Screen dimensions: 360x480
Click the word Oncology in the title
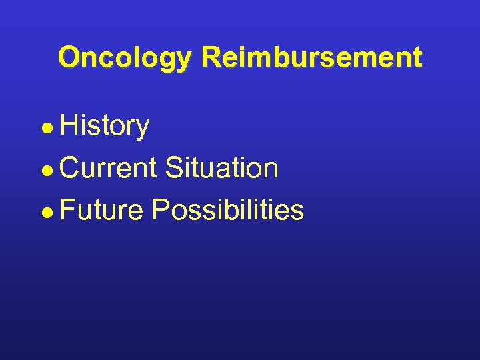coord(125,58)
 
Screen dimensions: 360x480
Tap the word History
coord(105,126)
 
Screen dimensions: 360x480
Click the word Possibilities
coord(228,209)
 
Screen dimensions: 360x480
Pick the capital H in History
coord(69,126)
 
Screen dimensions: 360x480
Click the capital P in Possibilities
coord(161,209)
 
